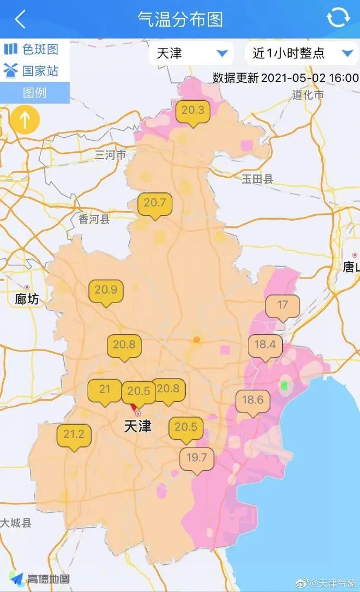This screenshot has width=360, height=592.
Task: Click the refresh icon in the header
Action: coord(338,18)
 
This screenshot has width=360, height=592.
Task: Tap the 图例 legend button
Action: coord(34,93)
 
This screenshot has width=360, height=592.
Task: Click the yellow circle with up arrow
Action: coord(24,120)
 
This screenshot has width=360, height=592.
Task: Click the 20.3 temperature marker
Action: coord(193,111)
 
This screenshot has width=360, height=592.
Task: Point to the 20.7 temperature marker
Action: coord(154,203)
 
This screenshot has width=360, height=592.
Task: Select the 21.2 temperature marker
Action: coord(74,435)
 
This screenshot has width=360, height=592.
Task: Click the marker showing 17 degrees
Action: coord(282,306)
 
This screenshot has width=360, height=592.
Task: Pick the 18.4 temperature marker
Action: coord(265,346)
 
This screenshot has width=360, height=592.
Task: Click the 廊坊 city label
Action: coord(27,299)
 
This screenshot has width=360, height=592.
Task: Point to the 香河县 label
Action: coord(94,220)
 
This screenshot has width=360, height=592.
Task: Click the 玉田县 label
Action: coord(257,179)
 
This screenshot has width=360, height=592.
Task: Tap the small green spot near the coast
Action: coord(284,385)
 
